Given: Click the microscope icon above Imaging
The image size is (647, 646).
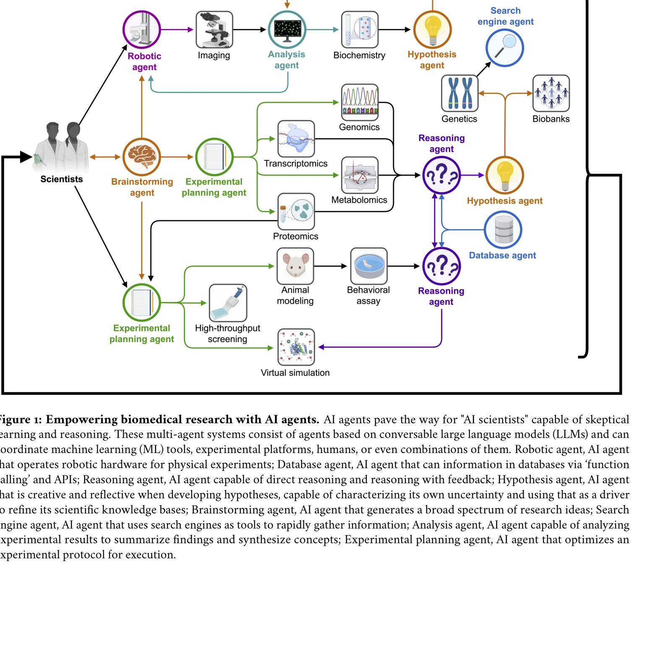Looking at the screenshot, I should coord(214,30).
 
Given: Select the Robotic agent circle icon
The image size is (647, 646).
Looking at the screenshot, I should coord(142,30).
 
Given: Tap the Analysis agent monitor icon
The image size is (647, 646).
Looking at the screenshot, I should coord(287,30).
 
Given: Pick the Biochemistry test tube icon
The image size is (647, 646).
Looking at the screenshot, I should coord(360,30).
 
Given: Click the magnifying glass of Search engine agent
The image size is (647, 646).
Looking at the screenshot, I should coord(505,48).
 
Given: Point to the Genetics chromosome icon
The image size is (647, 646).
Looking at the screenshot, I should coord(459,93).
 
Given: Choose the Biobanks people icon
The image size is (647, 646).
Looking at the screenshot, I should coord(551,93).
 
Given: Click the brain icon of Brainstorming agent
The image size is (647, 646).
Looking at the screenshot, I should coord(142,157).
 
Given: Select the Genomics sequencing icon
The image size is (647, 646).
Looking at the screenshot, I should coord(360,102).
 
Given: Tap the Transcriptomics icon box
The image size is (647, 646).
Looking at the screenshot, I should coord(296,139).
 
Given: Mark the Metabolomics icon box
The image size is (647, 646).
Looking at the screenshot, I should coord(360,175).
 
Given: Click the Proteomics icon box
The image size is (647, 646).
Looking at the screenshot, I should coord(296,211).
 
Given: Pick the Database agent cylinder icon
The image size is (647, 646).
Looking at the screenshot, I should coord(503,230).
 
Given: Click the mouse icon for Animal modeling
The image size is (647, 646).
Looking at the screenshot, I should coord(295,266).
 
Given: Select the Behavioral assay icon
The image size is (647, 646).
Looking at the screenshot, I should coord(369,266).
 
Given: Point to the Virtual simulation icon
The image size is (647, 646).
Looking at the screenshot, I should coord(296,347).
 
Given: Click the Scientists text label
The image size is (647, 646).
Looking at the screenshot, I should coord(62,179).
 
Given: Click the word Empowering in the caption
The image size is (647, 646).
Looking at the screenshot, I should coord(81,419).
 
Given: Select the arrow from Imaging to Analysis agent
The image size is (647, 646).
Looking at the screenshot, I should coord(250,30).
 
